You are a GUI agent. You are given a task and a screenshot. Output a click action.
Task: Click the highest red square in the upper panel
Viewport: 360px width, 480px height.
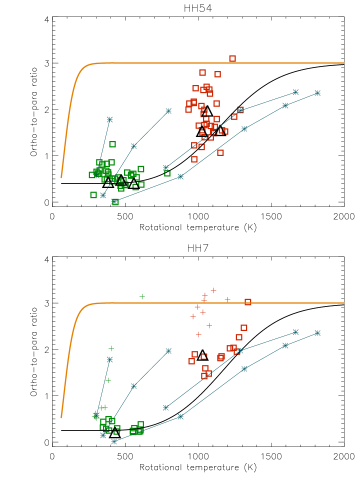(x=232, y=59)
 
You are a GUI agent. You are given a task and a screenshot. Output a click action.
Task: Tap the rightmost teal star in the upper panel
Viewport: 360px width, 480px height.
(x=317, y=93)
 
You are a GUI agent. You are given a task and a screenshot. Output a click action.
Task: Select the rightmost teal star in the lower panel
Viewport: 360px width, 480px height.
(x=317, y=333)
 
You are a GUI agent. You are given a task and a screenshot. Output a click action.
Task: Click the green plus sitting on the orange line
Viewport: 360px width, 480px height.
(x=142, y=296)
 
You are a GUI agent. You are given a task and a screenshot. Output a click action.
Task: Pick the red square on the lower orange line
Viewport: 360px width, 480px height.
(x=248, y=301)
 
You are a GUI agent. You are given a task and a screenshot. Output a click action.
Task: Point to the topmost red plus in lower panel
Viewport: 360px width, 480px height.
(x=213, y=290)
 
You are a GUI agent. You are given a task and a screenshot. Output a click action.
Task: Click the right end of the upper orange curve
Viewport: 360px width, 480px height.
(x=344, y=63)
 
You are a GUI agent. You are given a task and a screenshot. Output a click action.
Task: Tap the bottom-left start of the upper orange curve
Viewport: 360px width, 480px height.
(x=61, y=178)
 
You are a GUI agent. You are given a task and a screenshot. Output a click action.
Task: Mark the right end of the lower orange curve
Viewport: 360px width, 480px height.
(x=344, y=303)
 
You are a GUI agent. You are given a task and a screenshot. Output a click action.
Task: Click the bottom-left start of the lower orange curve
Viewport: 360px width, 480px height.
(x=61, y=418)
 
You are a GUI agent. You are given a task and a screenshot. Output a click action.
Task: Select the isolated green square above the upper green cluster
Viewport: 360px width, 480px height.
(x=112, y=144)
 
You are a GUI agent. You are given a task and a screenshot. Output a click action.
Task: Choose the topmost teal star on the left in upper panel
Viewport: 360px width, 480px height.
(x=110, y=119)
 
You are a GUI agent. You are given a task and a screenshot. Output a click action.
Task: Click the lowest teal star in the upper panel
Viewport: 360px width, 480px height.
(x=114, y=202)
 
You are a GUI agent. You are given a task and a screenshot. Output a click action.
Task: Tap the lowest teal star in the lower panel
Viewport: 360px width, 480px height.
(x=114, y=442)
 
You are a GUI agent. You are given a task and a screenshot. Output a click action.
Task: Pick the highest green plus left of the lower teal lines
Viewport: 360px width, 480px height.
(x=111, y=348)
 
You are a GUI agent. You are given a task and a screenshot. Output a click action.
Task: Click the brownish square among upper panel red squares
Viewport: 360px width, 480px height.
(x=240, y=110)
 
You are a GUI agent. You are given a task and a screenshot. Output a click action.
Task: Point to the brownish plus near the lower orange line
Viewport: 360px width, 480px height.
(x=227, y=299)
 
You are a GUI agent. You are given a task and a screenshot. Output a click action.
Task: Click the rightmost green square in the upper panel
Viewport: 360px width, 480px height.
(x=167, y=173)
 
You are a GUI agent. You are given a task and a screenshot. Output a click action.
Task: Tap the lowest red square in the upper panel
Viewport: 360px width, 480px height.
(x=195, y=159)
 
